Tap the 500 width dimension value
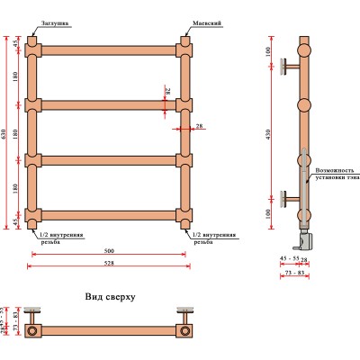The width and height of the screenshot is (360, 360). coord(108,251)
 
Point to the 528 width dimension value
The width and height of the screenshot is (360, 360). coord(108,264)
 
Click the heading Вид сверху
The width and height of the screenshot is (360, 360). coord(110,296)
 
